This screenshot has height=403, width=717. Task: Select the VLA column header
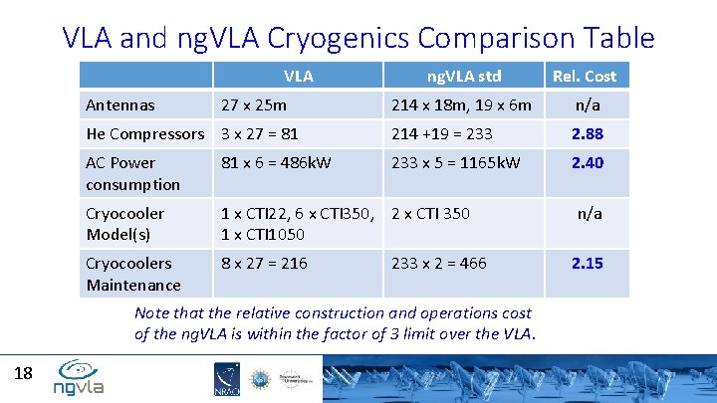298,76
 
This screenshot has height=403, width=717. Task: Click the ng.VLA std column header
463,76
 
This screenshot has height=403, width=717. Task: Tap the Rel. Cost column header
587,76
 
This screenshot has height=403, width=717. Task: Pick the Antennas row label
119,104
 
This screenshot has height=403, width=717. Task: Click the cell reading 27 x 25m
254,104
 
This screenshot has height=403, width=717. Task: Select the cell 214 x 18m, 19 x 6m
462,104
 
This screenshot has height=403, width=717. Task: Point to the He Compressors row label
145,133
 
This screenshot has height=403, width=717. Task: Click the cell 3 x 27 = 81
259,133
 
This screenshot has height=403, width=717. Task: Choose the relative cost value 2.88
587,133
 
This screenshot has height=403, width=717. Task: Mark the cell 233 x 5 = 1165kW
455,162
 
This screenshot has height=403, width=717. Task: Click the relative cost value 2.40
587,162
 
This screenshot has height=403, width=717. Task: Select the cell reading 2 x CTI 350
431,213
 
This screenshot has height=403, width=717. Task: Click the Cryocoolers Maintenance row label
132,274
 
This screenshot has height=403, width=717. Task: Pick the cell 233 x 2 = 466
439,263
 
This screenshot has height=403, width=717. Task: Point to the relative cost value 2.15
587,263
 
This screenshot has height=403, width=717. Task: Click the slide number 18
23,373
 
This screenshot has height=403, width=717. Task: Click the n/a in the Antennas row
587,104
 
